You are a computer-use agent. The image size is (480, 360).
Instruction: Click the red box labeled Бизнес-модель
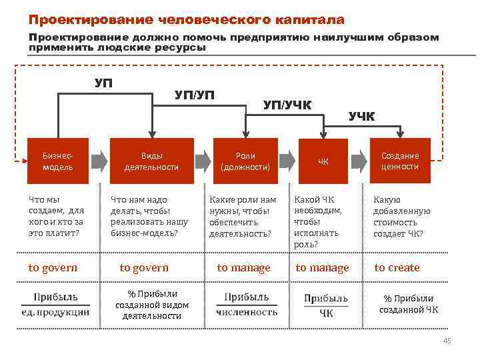point(57,161)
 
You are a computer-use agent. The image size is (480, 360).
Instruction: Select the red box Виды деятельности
point(152,161)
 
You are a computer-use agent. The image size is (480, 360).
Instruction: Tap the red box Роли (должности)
point(245,161)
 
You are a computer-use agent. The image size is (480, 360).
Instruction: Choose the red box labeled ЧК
point(323,161)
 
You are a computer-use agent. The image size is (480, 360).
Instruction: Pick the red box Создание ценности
point(400,161)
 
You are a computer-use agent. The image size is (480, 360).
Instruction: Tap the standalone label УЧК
point(362,117)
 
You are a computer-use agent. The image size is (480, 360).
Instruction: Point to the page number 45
point(447,342)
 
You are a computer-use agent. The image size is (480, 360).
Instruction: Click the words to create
point(397,268)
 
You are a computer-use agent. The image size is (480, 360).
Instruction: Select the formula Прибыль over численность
point(247,304)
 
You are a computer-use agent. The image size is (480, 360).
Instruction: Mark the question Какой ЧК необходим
point(318,222)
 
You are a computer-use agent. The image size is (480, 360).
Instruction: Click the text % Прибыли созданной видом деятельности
point(152,304)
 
